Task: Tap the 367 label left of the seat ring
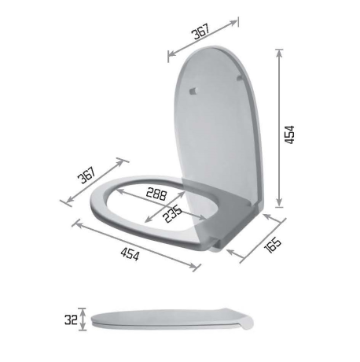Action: point(87,175)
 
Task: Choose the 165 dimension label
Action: point(273,246)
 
